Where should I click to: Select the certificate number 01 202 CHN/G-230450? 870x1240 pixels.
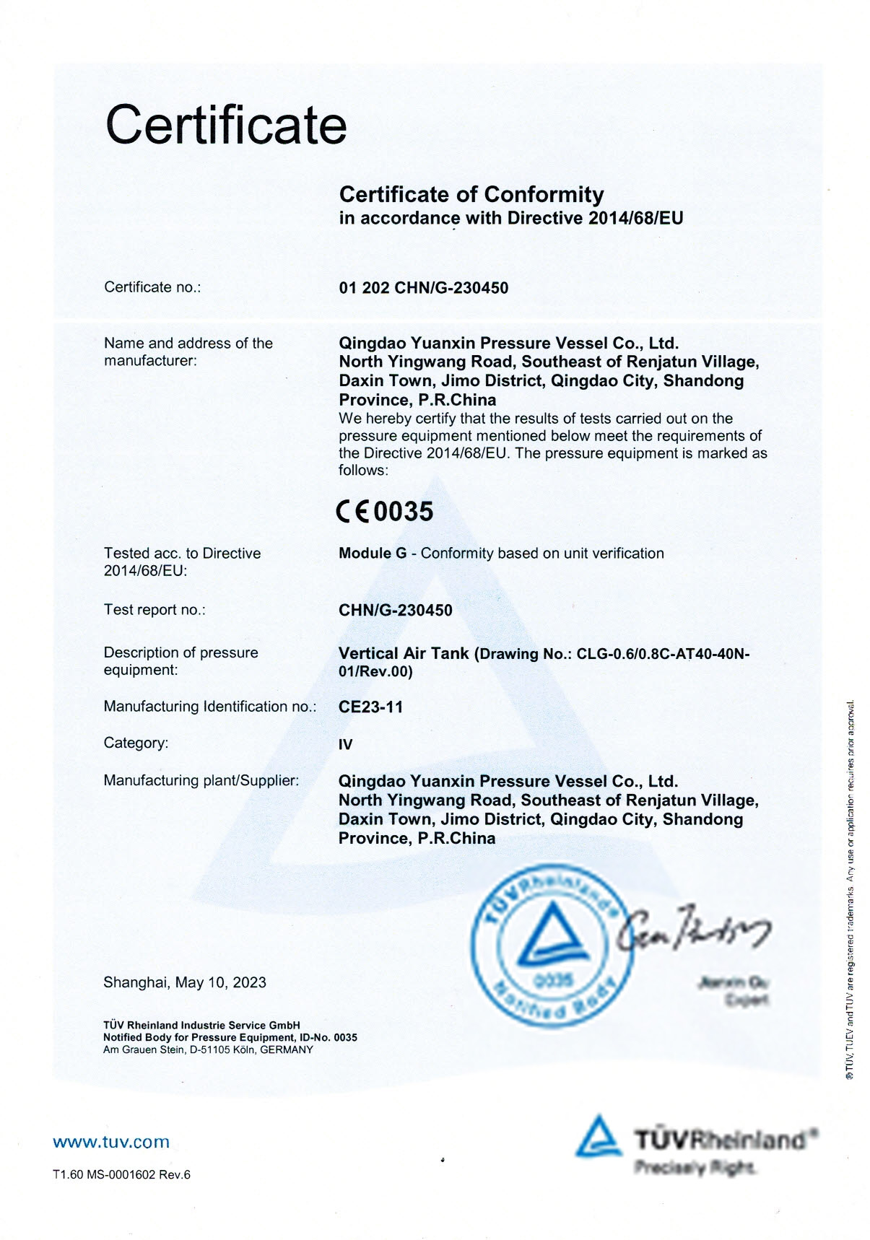[423, 288]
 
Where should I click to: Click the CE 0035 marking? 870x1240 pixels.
[385, 512]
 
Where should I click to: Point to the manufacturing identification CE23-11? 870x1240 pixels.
[370, 707]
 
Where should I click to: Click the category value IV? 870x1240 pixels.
[346, 745]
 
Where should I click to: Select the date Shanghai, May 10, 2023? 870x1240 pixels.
[185, 982]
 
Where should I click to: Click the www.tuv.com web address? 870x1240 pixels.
[111, 1142]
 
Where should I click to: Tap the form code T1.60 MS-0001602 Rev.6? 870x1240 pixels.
[121, 1174]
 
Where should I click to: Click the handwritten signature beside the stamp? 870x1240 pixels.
[693, 929]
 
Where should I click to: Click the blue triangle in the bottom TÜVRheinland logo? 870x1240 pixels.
[598, 1136]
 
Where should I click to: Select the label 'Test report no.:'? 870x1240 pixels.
[155, 610]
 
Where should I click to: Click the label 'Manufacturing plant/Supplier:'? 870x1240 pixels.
[201, 780]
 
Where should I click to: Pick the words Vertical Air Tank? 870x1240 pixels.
[404, 653]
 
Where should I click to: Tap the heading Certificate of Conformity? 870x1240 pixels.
[471, 194]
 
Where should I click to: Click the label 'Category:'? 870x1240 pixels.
[136, 743]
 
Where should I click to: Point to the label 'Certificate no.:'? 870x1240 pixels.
[152, 287]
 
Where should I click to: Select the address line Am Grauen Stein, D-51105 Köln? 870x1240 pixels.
[208, 1049]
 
